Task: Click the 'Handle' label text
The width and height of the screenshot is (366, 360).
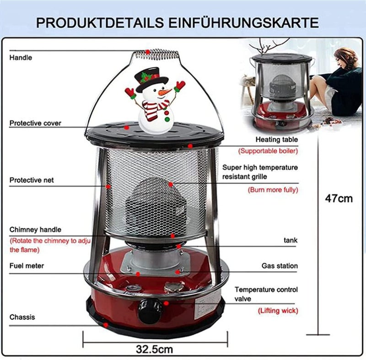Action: pos(21,58)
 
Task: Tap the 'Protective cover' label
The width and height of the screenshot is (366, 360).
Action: pos(35,123)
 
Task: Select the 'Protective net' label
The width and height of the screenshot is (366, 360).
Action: pos(32,180)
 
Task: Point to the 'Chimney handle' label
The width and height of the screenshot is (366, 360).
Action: pos(35,230)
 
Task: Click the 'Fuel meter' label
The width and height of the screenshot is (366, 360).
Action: pos(27,266)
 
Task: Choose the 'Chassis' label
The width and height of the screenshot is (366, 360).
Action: pos(22,317)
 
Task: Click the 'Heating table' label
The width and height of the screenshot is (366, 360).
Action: pos(277,140)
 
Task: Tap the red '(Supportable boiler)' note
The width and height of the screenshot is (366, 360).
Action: pos(268,151)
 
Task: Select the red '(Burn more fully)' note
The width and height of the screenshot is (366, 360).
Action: pos(273,190)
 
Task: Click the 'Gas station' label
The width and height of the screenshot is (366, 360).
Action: pos(280,266)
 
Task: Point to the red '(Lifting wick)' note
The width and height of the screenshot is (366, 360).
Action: pos(278,311)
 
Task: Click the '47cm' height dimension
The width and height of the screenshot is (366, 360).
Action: pos(339,199)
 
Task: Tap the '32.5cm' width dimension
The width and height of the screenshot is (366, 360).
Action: pos(155,349)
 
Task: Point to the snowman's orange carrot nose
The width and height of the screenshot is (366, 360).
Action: pos(165,92)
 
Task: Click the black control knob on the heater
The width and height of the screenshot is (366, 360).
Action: pos(150,311)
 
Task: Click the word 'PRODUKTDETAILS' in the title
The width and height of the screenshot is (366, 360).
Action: pos(100,22)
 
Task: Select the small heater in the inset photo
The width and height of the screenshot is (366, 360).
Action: pos(282,91)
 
